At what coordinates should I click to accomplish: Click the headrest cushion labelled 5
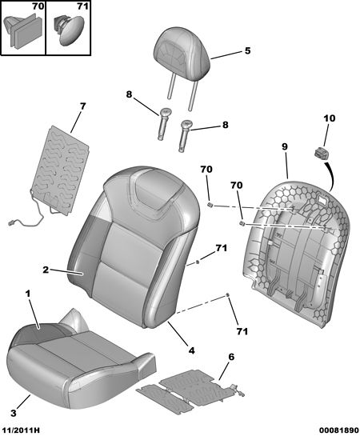point(182,52)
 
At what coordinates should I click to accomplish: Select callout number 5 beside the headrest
point(247,50)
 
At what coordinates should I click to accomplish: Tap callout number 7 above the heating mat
point(83,106)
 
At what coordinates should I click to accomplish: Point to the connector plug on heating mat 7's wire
point(12,222)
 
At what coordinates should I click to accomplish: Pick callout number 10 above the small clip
point(329,118)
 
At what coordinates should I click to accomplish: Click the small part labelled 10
point(322,154)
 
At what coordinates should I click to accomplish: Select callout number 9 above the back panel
point(284,146)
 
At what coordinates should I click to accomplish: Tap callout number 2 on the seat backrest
point(46,270)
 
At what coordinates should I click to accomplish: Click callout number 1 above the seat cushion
point(28,294)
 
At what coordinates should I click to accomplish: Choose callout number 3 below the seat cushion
point(14,413)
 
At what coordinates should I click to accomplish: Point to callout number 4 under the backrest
point(191,350)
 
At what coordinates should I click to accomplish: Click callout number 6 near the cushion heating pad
point(231,357)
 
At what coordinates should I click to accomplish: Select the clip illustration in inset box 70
point(24,30)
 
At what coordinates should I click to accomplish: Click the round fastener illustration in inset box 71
point(68,29)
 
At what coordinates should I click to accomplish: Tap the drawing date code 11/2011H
point(20,430)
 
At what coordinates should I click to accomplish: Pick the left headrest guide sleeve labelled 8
point(164,124)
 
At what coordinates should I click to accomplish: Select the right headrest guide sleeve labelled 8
point(185,136)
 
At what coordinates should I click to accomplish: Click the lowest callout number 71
point(242,331)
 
